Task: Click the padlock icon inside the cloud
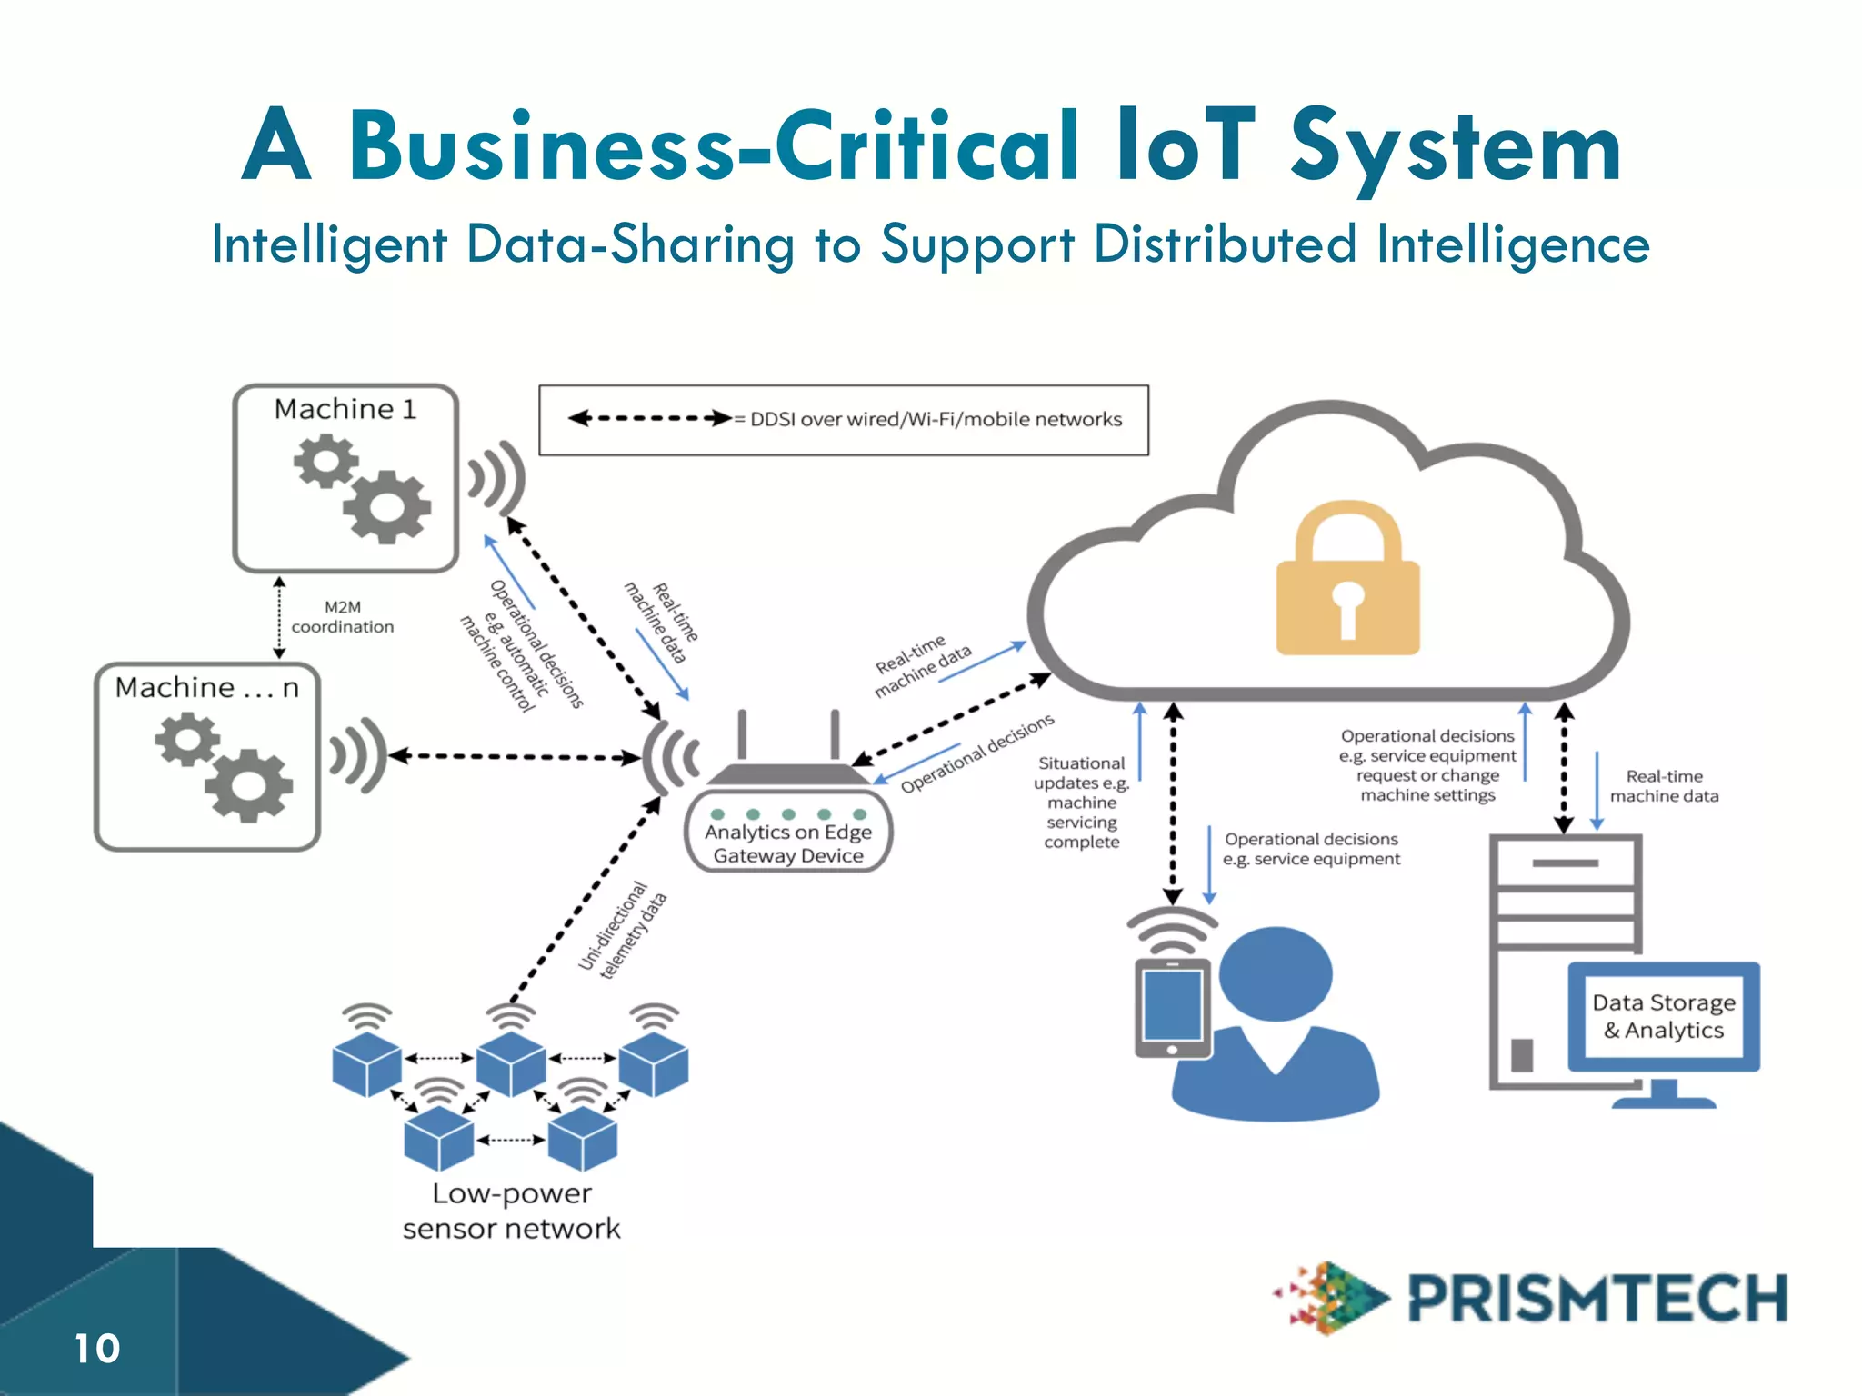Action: click(1347, 582)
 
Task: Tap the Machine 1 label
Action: click(345, 409)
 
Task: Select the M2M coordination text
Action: click(342, 617)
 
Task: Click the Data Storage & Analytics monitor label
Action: click(1664, 1016)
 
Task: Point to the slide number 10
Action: click(96, 1349)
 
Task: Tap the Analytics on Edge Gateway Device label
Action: click(787, 843)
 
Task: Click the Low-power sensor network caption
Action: click(511, 1211)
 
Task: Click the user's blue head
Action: click(1276, 974)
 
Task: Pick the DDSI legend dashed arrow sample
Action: click(649, 419)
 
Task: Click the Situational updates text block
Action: click(1082, 803)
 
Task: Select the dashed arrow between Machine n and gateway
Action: click(515, 756)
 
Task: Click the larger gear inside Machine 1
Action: click(386, 507)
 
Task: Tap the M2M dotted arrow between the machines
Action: click(279, 617)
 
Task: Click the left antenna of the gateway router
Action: click(743, 734)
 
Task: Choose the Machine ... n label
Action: click(206, 688)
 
